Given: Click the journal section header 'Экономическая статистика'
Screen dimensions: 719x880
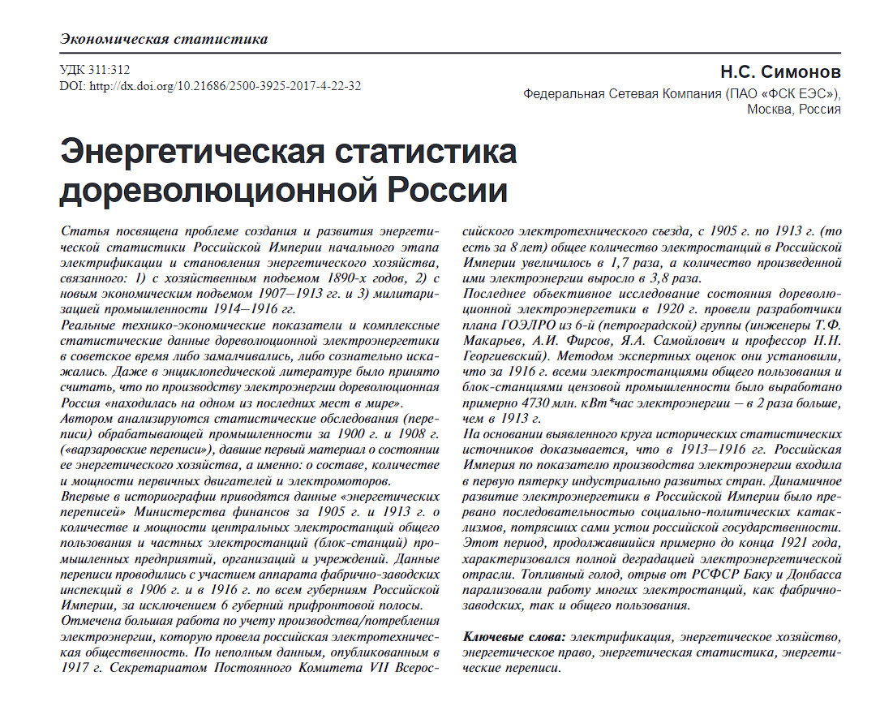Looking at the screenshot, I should point(164,39).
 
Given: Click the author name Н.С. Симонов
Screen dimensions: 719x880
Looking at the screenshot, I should point(781,72).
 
